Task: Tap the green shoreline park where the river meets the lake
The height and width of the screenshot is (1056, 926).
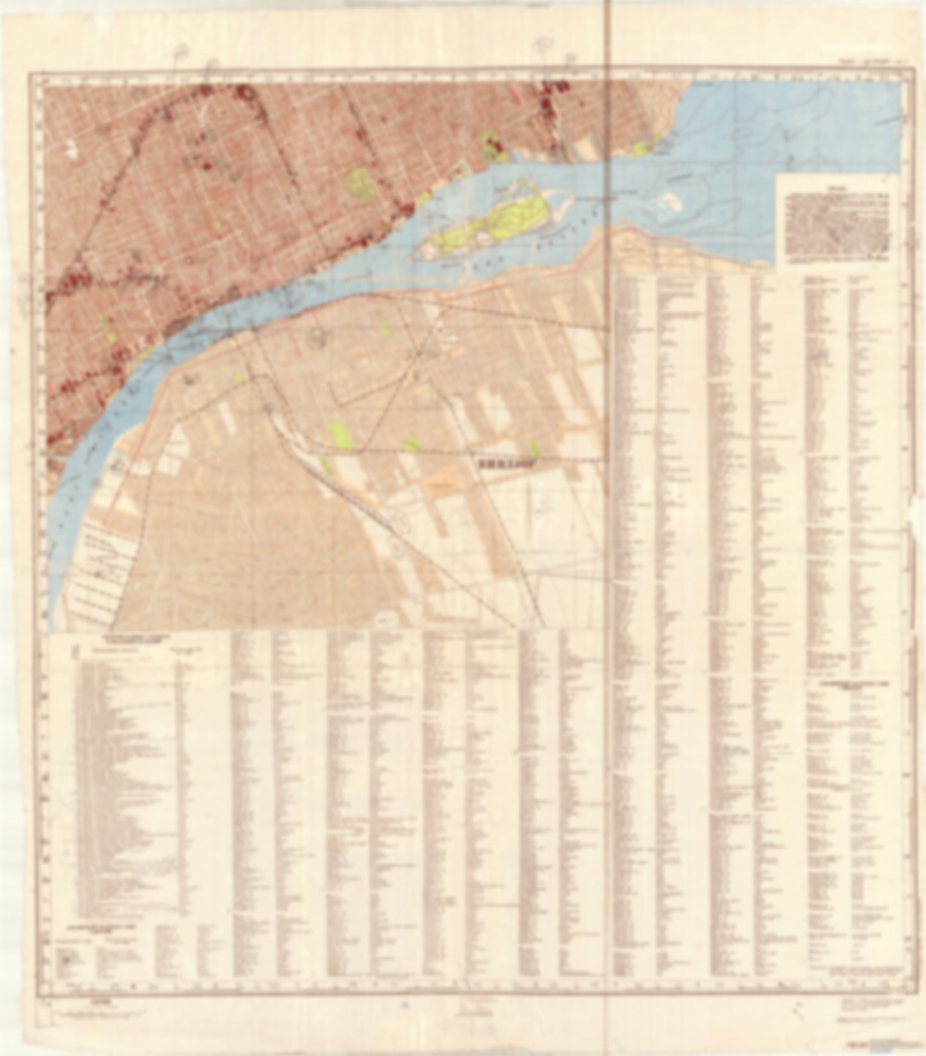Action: click(643, 148)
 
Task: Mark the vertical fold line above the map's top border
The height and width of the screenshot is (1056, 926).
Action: click(608, 32)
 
